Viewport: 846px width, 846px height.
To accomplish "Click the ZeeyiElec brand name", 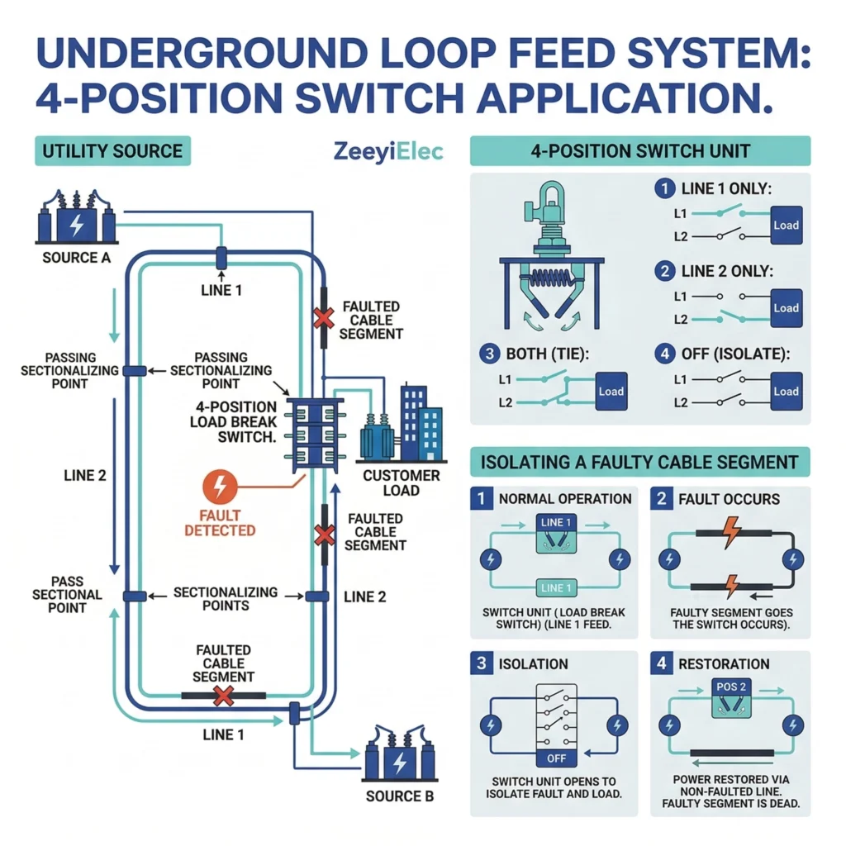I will point(388,152).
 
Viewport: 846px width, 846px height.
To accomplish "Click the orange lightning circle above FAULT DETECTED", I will point(219,487).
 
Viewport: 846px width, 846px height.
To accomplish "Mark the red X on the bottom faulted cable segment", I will point(223,696).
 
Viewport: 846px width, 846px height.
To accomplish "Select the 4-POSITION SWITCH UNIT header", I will point(640,151).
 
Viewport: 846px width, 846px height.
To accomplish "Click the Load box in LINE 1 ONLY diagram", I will point(786,225).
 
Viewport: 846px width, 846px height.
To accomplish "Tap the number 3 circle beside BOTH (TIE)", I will point(489,354).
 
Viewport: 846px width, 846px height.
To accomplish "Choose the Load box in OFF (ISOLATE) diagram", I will point(786,392).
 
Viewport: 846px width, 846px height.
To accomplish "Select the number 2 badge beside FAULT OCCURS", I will point(663,499).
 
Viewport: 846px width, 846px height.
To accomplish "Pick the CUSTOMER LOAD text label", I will point(402,483).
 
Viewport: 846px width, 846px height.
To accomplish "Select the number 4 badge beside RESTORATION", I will point(663,664).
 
